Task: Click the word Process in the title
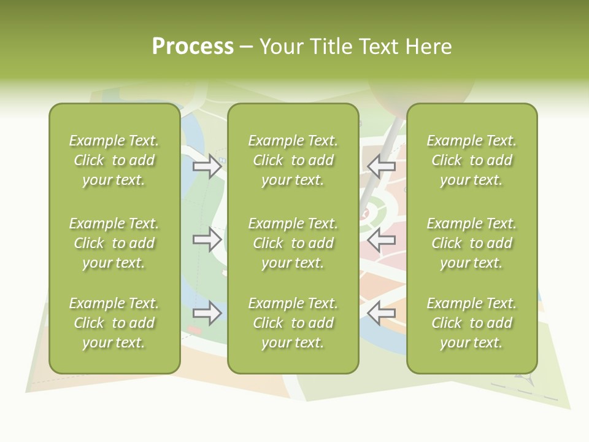click(x=193, y=47)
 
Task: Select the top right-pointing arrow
click(x=207, y=166)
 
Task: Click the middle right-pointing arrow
click(x=207, y=239)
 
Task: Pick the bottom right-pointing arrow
click(x=207, y=312)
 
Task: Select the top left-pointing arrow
click(x=381, y=165)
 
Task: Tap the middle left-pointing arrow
click(x=381, y=239)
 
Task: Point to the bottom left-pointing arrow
click(x=381, y=312)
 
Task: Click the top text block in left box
click(x=114, y=160)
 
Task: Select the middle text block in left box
click(x=114, y=243)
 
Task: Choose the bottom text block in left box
click(x=114, y=323)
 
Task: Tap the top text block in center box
click(x=293, y=160)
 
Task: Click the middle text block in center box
click(x=293, y=243)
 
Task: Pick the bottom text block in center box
click(x=293, y=323)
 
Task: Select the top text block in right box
click(x=471, y=160)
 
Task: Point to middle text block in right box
click(x=471, y=243)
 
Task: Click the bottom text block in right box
click(x=471, y=323)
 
